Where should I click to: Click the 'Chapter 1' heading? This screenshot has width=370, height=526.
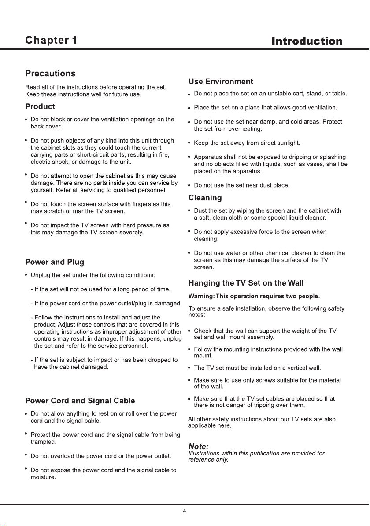click(x=51, y=41)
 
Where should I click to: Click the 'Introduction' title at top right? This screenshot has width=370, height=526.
click(x=307, y=41)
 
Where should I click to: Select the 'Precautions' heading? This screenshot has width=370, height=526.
click(x=50, y=73)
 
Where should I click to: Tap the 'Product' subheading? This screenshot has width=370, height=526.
click(x=40, y=106)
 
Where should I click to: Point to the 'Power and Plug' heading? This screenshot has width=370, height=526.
click(x=55, y=262)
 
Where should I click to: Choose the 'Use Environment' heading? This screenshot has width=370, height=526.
click(x=221, y=82)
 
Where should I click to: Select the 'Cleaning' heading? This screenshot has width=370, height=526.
click(x=205, y=197)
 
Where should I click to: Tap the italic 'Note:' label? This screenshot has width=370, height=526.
click(x=198, y=447)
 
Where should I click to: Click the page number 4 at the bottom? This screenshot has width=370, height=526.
click(x=185, y=511)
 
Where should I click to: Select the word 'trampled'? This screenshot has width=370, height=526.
click(x=43, y=441)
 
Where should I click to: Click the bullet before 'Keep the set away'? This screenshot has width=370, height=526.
click(x=189, y=143)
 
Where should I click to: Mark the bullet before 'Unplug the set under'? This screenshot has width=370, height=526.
click(x=26, y=275)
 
